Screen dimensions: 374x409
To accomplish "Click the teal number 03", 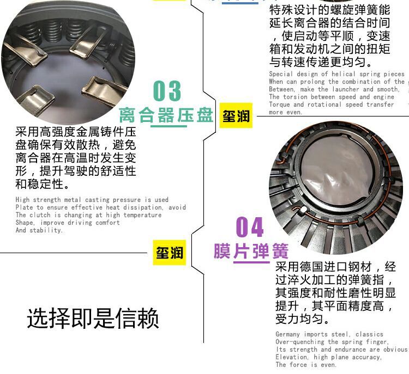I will tap(167, 91).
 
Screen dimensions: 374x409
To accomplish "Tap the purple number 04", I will tap(250, 227).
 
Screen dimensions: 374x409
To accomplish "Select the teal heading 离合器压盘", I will tap(166, 115).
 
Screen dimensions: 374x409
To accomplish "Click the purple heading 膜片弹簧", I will tap(250, 252).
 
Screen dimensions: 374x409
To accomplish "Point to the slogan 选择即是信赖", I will tap(93, 318).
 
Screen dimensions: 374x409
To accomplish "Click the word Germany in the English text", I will tap(288, 334).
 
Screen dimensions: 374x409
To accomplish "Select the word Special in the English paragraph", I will tap(282, 74).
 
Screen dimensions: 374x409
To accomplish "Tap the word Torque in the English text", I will tap(280, 105).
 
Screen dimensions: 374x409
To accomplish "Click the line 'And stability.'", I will tap(39, 230).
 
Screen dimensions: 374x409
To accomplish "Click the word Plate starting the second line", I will tap(25, 207).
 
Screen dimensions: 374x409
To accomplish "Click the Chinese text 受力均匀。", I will tap(302, 319).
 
